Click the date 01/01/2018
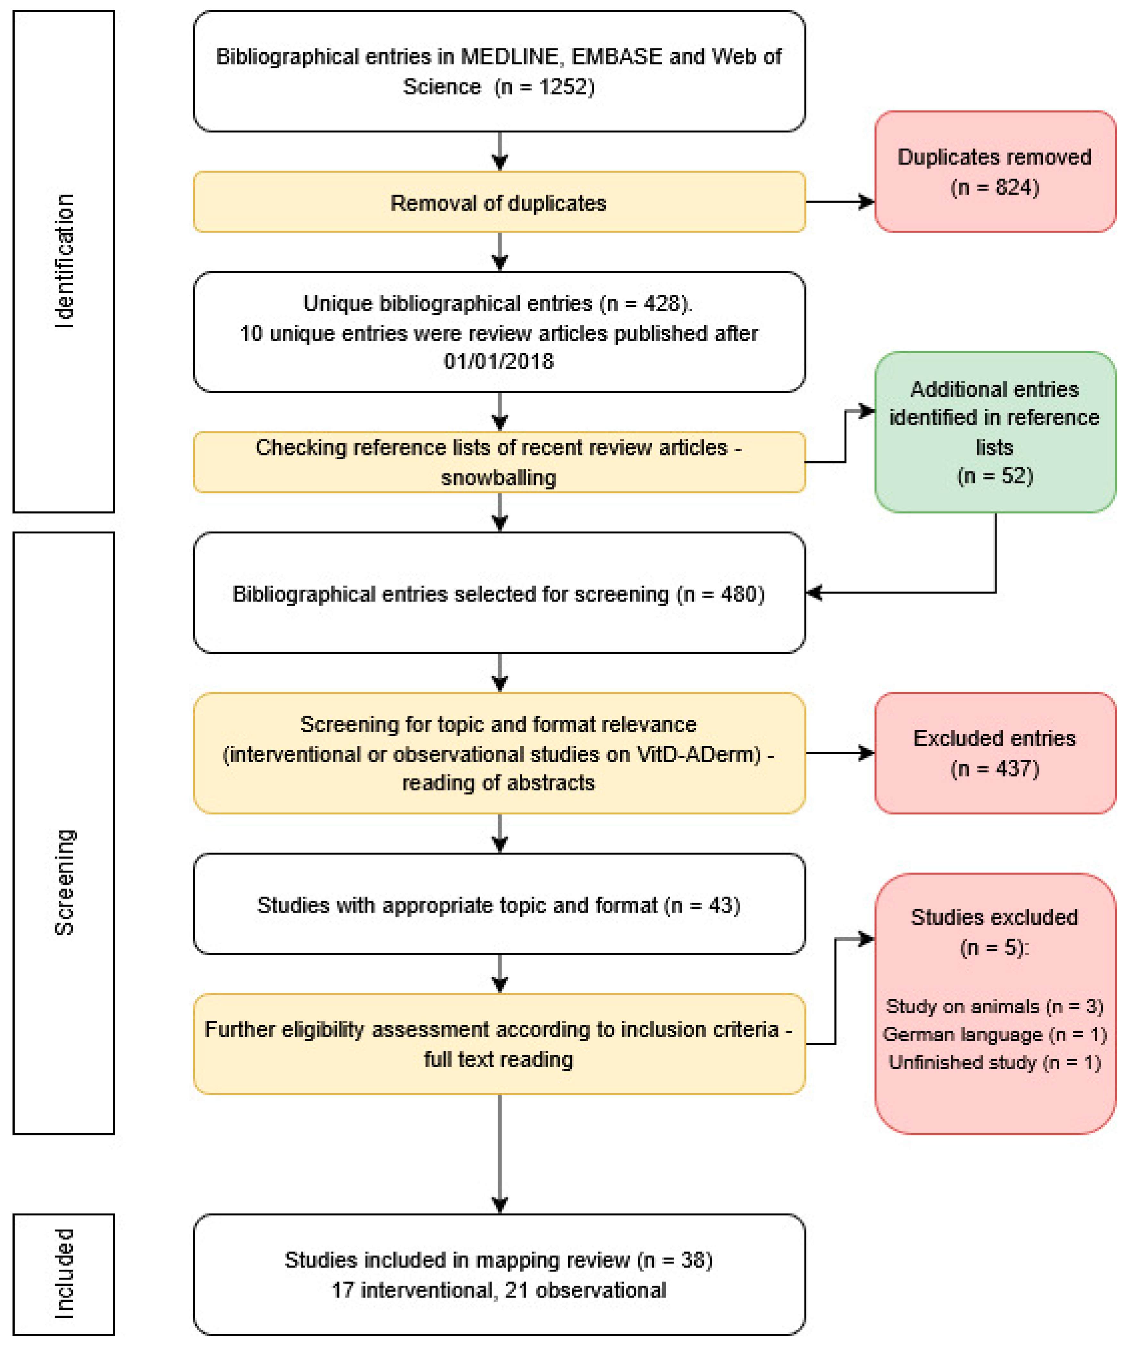point(499,361)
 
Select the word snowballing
point(499,478)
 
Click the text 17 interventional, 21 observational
point(499,1290)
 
